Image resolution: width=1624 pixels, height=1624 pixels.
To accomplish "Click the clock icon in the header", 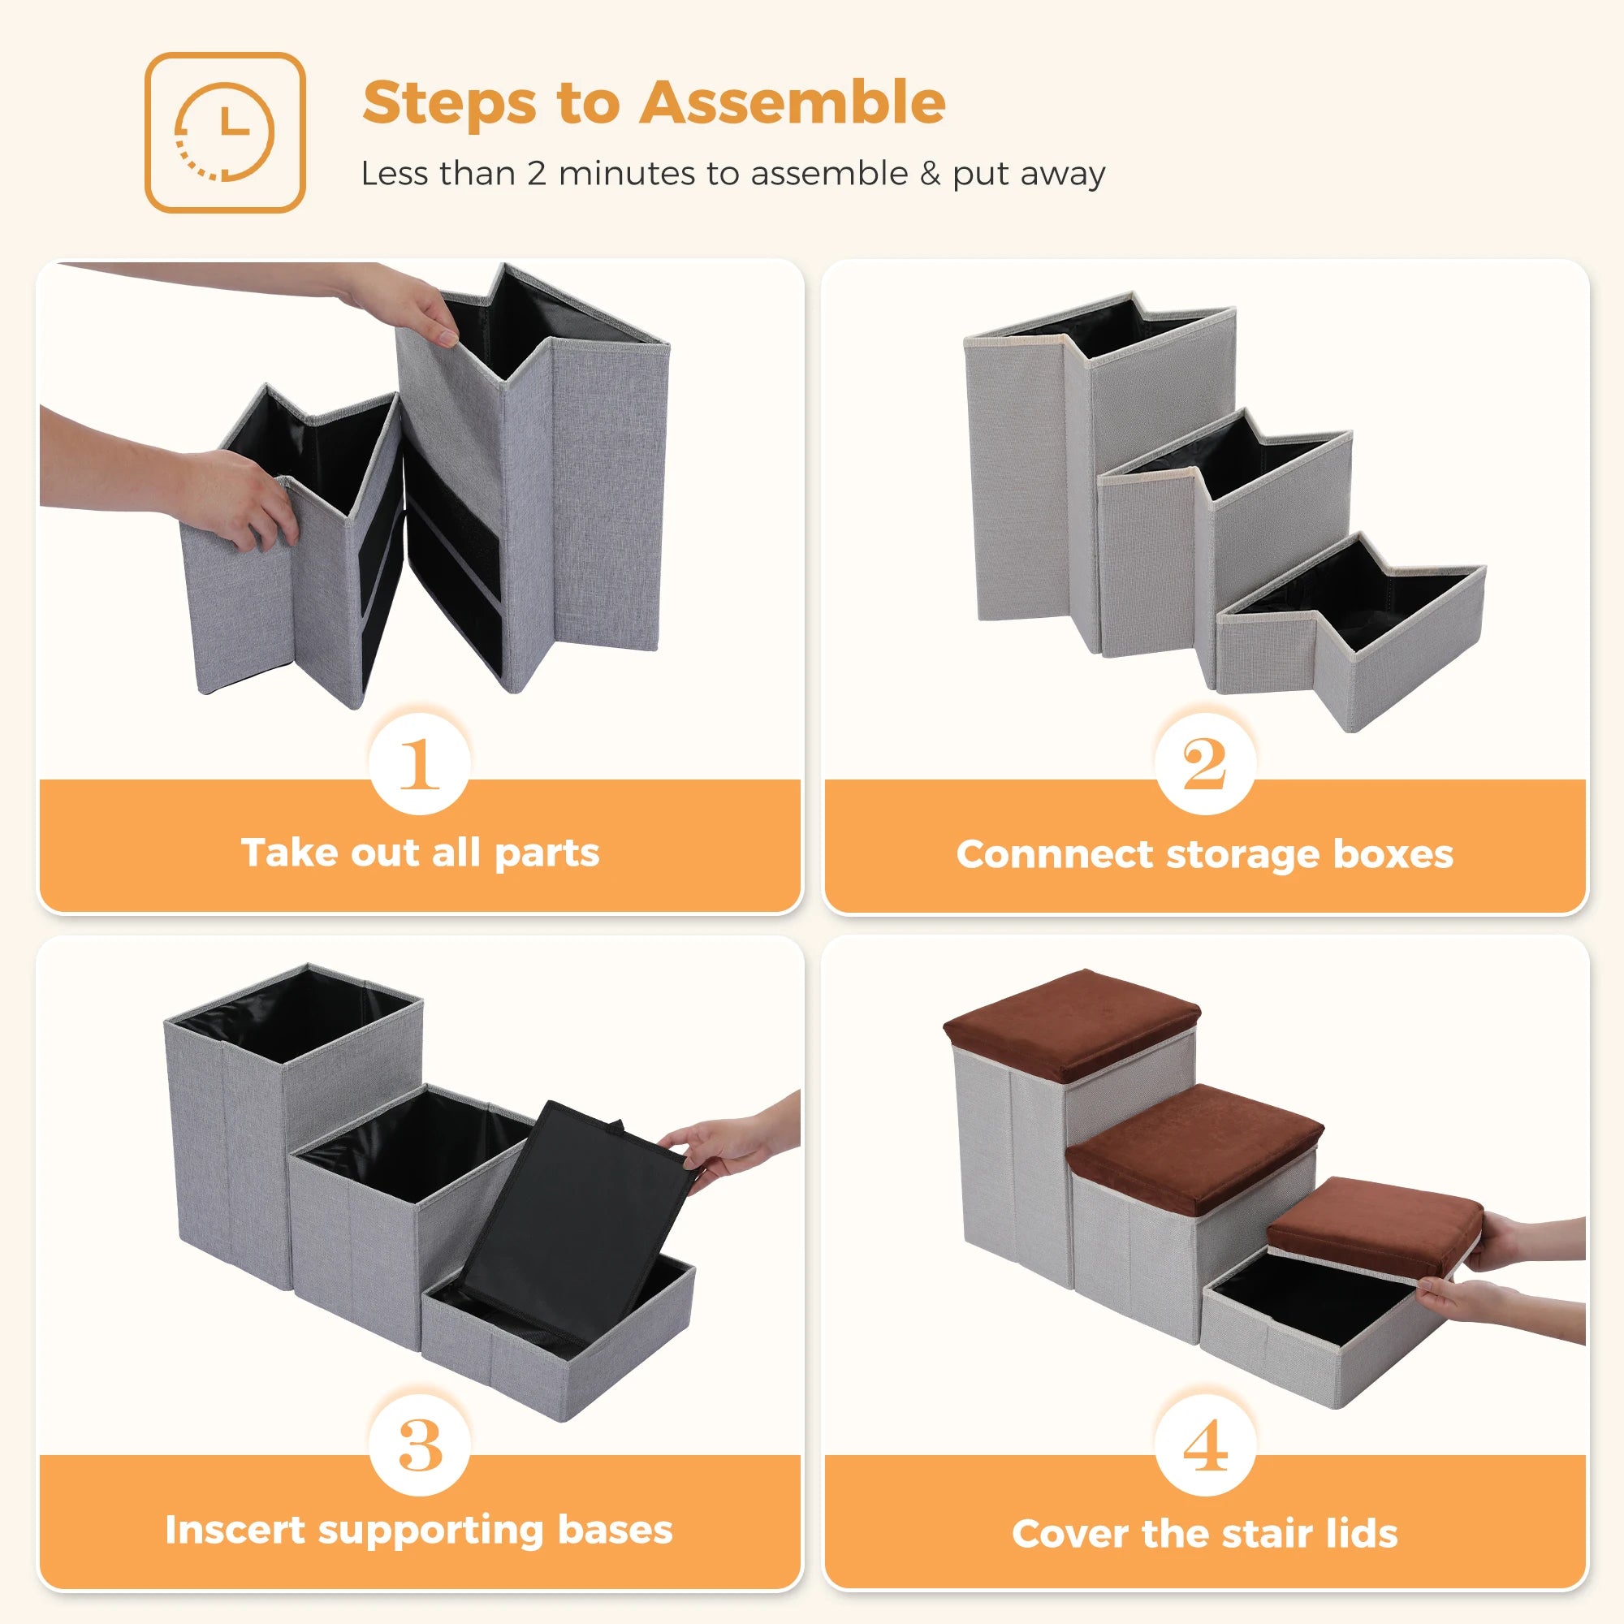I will [224, 132].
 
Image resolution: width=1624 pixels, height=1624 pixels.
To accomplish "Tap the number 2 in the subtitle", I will [536, 174].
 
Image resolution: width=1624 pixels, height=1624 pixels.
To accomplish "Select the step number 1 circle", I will [420, 763].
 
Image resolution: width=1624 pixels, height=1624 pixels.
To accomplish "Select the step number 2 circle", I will [1204, 763].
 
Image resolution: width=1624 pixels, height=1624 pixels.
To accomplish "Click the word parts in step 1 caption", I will [546, 854].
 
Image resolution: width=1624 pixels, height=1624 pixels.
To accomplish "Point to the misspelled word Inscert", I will [235, 1530].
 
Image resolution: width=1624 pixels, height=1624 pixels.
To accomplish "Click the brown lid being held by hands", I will [1375, 1220].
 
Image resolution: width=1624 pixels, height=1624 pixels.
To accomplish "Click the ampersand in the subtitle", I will [930, 174].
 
